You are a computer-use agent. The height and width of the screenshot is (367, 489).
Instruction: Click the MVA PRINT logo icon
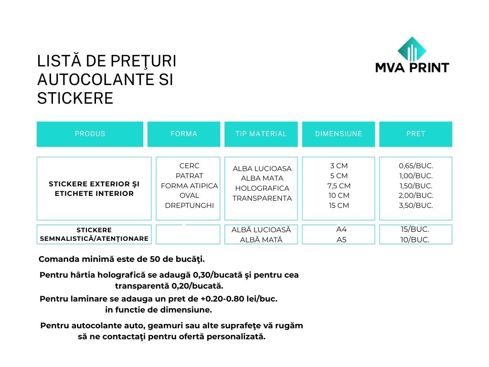(x=412, y=49)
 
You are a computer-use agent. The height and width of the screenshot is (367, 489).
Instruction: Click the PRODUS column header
(x=90, y=134)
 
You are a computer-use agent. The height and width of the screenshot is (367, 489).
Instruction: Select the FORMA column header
(x=184, y=134)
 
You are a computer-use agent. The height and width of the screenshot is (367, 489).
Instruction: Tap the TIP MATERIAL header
(x=261, y=134)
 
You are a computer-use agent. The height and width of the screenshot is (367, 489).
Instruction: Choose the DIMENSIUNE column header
(x=339, y=134)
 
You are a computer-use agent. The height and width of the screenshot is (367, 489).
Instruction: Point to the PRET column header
(x=415, y=134)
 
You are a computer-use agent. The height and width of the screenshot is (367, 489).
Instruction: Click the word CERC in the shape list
(x=190, y=166)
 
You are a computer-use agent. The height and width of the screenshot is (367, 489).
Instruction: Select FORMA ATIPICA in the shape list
(x=190, y=185)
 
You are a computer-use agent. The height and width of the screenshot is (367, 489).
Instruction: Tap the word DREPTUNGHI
(x=190, y=205)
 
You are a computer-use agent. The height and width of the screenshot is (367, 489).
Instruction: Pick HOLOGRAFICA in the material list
(x=262, y=188)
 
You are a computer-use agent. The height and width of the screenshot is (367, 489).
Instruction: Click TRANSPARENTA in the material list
(x=262, y=198)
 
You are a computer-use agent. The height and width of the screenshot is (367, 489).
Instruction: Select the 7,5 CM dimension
(x=339, y=185)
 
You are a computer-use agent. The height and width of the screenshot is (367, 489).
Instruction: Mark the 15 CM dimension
(x=339, y=205)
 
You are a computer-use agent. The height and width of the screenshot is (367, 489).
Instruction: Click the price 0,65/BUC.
(x=416, y=166)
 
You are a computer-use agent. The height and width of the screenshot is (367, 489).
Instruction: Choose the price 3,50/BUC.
(x=416, y=205)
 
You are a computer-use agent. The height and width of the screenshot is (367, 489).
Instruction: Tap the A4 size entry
(x=341, y=229)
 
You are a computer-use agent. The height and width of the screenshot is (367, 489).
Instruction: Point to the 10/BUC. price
(x=415, y=240)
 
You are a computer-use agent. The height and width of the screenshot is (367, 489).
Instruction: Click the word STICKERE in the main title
(x=75, y=98)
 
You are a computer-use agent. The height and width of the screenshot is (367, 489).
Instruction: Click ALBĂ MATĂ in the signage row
(x=261, y=240)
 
